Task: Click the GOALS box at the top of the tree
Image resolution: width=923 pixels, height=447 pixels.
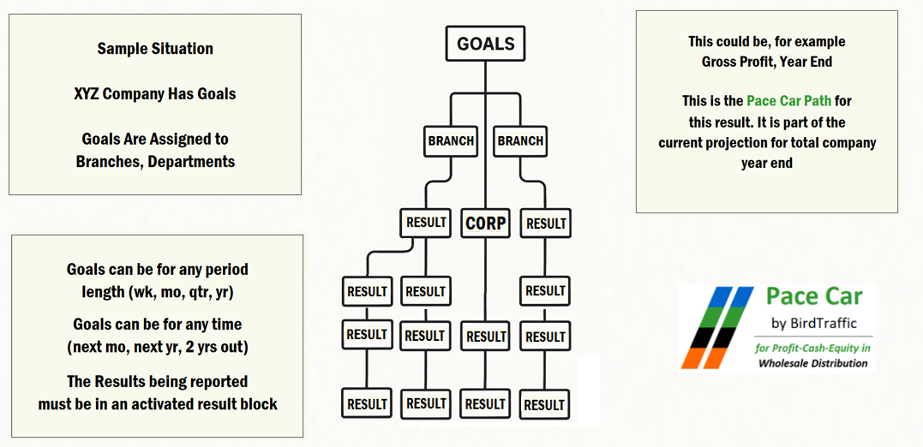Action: pos(485,44)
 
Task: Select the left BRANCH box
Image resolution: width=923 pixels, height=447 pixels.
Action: pos(450,141)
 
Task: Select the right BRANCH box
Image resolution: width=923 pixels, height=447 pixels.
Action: pos(520,141)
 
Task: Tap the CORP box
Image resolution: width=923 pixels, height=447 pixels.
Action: pos(486,223)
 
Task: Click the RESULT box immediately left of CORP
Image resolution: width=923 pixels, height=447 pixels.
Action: pos(426,223)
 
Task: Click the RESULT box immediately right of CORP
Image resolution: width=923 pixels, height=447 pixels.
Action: pos(546,223)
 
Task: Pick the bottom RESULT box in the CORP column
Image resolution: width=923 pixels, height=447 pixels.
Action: pos(486,404)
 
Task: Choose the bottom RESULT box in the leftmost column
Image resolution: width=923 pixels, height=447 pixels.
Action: pos(367,404)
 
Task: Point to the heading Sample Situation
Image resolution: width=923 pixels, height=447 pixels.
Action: pos(155,49)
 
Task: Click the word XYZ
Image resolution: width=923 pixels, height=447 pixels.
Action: pos(87,94)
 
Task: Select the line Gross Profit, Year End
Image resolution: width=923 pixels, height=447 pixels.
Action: pos(766,62)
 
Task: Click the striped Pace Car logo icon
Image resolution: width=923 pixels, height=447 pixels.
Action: pos(716,327)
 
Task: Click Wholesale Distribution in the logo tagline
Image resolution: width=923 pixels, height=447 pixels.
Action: pos(812,363)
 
